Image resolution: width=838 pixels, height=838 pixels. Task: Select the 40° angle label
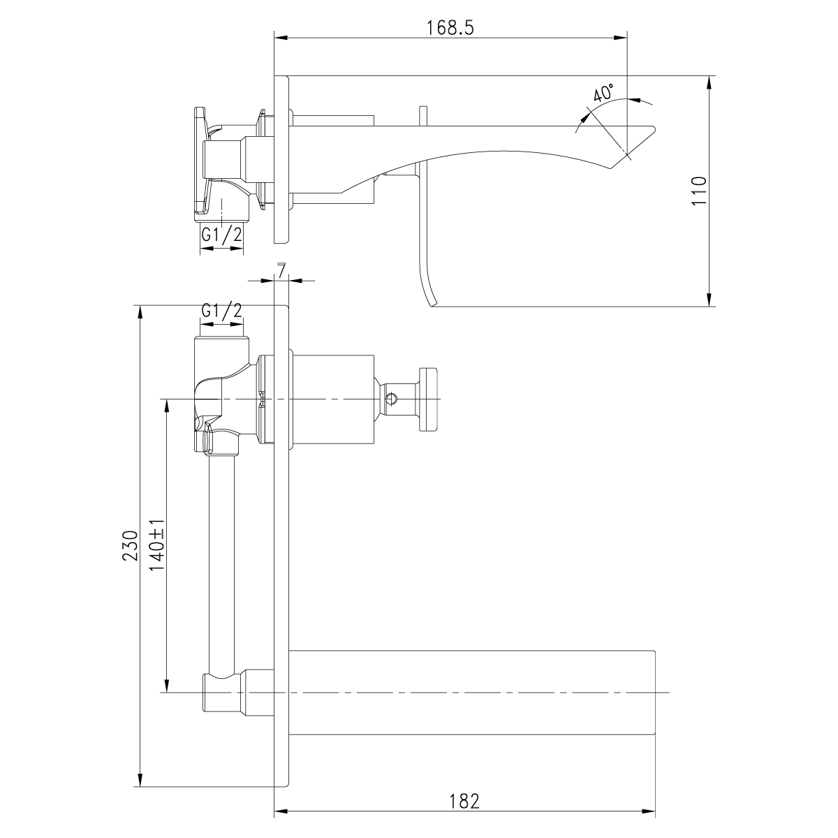coord(603,94)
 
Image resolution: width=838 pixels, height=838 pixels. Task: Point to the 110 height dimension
coord(699,190)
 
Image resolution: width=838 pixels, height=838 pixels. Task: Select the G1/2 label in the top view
coord(221,235)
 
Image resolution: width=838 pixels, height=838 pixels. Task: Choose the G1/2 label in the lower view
coord(221,310)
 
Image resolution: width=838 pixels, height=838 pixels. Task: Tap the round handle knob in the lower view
coord(429,399)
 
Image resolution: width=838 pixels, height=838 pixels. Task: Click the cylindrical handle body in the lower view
coord(331,399)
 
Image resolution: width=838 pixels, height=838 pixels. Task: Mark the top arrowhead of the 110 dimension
coord(710,81)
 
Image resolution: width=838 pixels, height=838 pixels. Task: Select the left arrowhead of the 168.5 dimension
coord(280,38)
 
